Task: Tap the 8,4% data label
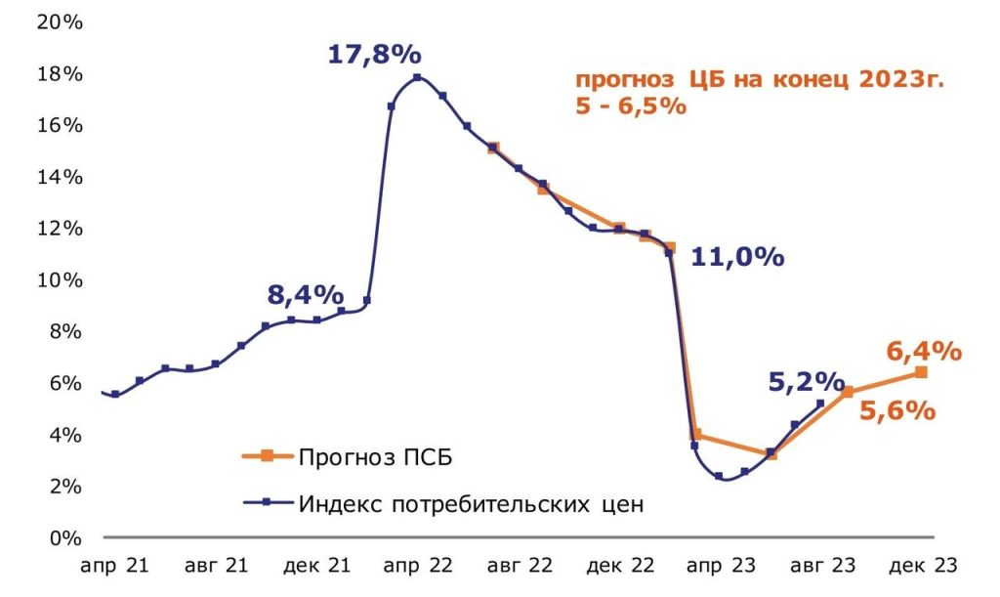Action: (x=305, y=294)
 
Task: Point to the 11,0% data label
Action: (x=737, y=258)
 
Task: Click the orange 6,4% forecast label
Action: (x=924, y=351)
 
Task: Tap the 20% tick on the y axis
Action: (x=59, y=22)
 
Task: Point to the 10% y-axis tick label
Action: (x=59, y=280)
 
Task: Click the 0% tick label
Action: (x=63, y=537)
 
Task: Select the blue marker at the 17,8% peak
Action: (x=417, y=77)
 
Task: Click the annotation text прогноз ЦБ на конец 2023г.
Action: (x=760, y=81)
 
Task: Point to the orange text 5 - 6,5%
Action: (x=631, y=107)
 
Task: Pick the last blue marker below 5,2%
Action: (x=820, y=404)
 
